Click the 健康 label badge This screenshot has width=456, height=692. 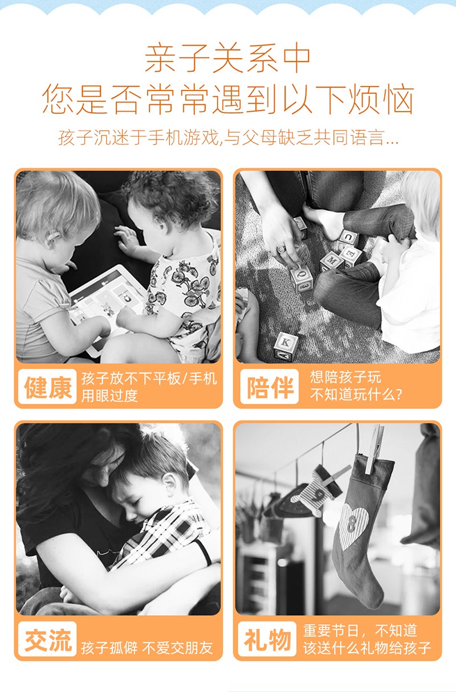47,386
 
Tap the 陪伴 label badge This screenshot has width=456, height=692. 269,386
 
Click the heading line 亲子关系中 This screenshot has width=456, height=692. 228,58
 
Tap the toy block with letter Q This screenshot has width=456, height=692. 302,278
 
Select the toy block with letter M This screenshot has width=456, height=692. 331,261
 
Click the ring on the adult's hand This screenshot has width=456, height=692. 281,249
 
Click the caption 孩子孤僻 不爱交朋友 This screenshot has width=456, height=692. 147,648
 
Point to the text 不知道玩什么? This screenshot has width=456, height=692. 356,395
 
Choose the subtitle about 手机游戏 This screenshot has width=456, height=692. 228,137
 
